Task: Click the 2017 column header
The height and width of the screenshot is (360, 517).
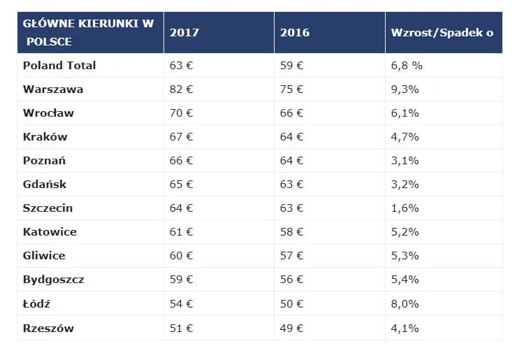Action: click(184, 32)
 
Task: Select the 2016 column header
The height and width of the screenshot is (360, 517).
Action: click(294, 32)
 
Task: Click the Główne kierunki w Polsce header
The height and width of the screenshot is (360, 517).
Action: click(88, 32)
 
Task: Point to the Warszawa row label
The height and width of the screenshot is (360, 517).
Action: click(53, 89)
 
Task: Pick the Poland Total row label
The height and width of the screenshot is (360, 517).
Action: click(59, 65)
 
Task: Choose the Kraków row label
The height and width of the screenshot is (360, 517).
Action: click(45, 136)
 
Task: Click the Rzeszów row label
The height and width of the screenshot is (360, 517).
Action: click(48, 328)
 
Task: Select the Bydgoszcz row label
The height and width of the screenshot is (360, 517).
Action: click(53, 280)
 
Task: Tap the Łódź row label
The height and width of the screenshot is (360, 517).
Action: click(37, 303)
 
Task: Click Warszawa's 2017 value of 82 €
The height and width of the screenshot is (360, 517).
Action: click(181, 89)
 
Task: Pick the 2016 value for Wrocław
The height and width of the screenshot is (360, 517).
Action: click(291, 113)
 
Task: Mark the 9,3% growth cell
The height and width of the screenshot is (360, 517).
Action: click(405, 89)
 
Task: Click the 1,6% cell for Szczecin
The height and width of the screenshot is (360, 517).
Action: click(405, 208)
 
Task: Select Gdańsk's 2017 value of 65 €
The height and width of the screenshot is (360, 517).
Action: click(181, 185)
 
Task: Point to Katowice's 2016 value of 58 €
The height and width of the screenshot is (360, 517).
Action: click(291, 232)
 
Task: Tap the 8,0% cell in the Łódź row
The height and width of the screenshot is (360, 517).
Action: click(405, 303)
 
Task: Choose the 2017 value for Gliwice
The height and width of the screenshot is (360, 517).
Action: click(181, 256)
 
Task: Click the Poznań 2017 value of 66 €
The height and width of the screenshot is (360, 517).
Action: click(181, 160)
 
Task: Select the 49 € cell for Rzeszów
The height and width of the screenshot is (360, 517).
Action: click(291, 328)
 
